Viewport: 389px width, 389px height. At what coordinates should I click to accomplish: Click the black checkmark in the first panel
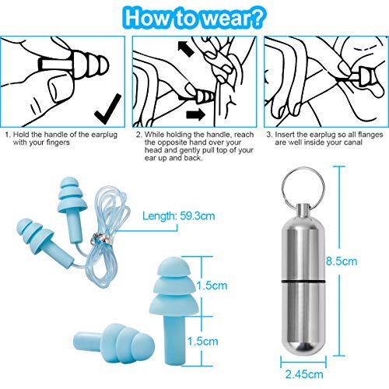tap(107, 111)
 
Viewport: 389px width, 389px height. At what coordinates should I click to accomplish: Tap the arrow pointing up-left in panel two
tap(186, 49)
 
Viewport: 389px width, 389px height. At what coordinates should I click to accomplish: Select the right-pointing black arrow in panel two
tap(195, 114)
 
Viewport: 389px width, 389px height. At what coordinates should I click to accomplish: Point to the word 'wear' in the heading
tap(223, 19)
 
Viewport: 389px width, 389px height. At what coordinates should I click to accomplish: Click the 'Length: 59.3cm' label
tap(179, 216)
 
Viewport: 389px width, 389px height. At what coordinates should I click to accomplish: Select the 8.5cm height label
tap(342, 261)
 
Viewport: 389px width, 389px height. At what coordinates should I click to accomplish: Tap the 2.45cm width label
tap(304, 374)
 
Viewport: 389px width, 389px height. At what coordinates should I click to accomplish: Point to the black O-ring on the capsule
tap(303, 282)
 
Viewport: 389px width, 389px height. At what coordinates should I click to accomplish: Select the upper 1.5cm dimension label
tap(212, 286)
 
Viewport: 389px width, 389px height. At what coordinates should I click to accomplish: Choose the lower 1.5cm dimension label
tap(202, 342)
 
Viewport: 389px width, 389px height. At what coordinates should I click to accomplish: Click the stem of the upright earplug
tap(174, 339)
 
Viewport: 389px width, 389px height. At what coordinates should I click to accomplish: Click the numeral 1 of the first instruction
tap(7, 135)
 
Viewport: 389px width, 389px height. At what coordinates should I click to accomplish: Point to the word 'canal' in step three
tap(352, 142)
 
